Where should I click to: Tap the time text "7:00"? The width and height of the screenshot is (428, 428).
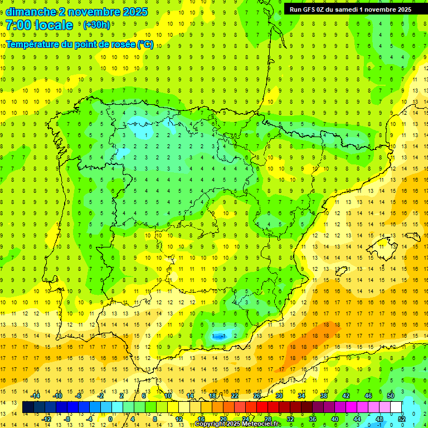click(x=19, y=25)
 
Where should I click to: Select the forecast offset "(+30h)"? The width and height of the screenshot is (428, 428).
click(x=96, y=25)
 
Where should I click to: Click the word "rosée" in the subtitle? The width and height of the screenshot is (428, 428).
click(x=119, y=44)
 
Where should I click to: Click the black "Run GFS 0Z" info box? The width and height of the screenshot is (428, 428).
click(x=350, y=9)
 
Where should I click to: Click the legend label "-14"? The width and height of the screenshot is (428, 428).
click(x=36, y=396)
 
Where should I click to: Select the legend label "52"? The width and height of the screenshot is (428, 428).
click(x=402, y=419)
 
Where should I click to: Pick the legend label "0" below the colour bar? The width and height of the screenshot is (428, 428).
click(x=110, y=419)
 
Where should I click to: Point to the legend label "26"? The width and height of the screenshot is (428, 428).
click(x=257, y=396)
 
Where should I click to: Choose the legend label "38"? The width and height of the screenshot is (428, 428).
click(x=324, y=396)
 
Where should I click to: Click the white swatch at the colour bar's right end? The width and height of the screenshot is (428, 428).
click(x=396, y=407)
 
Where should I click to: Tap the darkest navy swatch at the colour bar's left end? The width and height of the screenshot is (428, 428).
click(x=28, y=407)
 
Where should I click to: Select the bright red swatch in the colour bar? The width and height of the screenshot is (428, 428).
click(x=262, y=407)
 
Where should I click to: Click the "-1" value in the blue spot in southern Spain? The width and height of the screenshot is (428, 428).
click(x=222, y=336)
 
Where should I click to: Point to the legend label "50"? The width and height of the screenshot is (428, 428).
click(x=391, y=396)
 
